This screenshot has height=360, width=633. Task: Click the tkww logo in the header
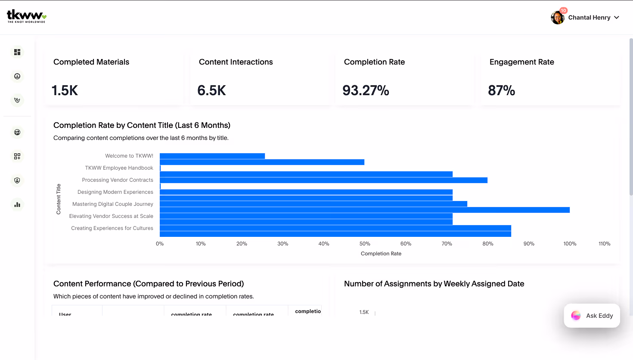[26, 16]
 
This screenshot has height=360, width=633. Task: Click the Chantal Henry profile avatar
[558, 18]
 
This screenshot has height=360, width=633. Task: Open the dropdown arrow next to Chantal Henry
[617, 18]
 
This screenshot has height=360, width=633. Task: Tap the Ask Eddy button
[592, 316]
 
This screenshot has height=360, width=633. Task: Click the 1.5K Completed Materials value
[65, 90]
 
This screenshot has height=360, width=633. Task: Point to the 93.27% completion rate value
[366, 90]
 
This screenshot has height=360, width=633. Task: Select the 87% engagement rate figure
[501, 90]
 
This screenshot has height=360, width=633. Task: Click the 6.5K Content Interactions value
[211, 90]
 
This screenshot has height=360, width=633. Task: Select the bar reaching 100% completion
[364, 210]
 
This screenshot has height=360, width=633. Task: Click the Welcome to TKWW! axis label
[129, 156]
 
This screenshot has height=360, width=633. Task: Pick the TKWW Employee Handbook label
[119, 168]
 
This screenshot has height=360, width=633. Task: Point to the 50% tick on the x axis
[365, 244]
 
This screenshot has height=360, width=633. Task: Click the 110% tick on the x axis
[604, 244]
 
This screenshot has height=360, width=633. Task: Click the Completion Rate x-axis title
[381, 254]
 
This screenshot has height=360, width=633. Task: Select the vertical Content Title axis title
[59, 199]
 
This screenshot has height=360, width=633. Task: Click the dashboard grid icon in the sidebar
[17, 52]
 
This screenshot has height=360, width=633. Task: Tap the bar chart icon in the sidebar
[17, 205]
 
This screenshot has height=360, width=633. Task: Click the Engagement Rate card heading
[521, 62]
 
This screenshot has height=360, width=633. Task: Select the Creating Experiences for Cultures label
[112, 228]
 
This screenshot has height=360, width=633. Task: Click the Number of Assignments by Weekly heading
[434, 284]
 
